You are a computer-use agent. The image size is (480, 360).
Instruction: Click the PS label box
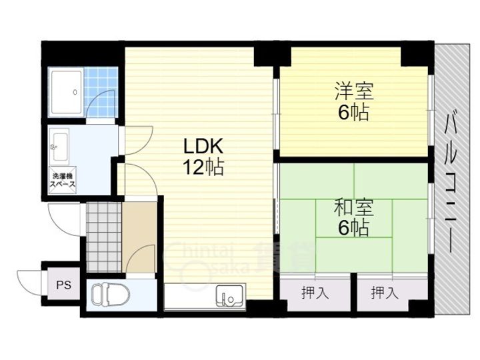coord(63,286)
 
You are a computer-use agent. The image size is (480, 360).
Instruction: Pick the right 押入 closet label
coord(385,291)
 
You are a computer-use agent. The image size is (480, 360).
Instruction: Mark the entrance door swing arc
coord(63,217)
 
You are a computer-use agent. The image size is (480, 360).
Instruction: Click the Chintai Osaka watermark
coord(207,257)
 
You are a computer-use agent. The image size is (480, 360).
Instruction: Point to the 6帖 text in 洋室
coord(353,112)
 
